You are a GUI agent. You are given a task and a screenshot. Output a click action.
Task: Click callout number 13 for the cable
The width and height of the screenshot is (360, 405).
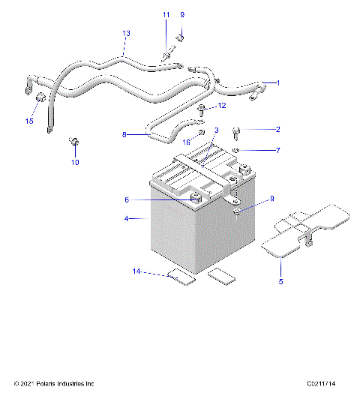tap(126, 34)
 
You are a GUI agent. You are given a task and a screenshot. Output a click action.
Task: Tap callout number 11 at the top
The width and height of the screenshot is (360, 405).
tap(166, 15)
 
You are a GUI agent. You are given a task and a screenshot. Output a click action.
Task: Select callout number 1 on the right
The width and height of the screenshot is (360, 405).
tap(277, 82)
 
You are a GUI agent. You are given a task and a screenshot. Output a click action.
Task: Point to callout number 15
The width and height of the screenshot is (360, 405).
tap(30, 121)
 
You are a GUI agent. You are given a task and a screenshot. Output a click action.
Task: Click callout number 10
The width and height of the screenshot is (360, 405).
tap(75, 161)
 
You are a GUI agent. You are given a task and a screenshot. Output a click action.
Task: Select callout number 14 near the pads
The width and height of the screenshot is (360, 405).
tap(136, 271)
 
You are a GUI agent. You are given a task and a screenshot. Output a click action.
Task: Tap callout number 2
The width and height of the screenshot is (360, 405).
tap(277, 130)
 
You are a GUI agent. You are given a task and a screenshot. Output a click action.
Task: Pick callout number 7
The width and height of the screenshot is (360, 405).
tap(277, 151)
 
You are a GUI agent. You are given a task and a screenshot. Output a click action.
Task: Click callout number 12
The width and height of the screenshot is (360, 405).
tap(222, 106)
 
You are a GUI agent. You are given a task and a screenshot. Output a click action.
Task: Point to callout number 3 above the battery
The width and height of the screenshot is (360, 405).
tap(216, 130)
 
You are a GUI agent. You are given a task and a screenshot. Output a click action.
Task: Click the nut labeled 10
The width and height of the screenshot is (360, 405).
tap(74, 141)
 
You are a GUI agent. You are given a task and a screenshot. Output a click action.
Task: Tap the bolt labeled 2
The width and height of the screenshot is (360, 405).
tap(237, 133)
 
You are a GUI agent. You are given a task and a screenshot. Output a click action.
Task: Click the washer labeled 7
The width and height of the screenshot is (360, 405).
tap(235, 151)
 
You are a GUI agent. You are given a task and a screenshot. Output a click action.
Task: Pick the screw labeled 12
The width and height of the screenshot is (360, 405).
tap(202, 110)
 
